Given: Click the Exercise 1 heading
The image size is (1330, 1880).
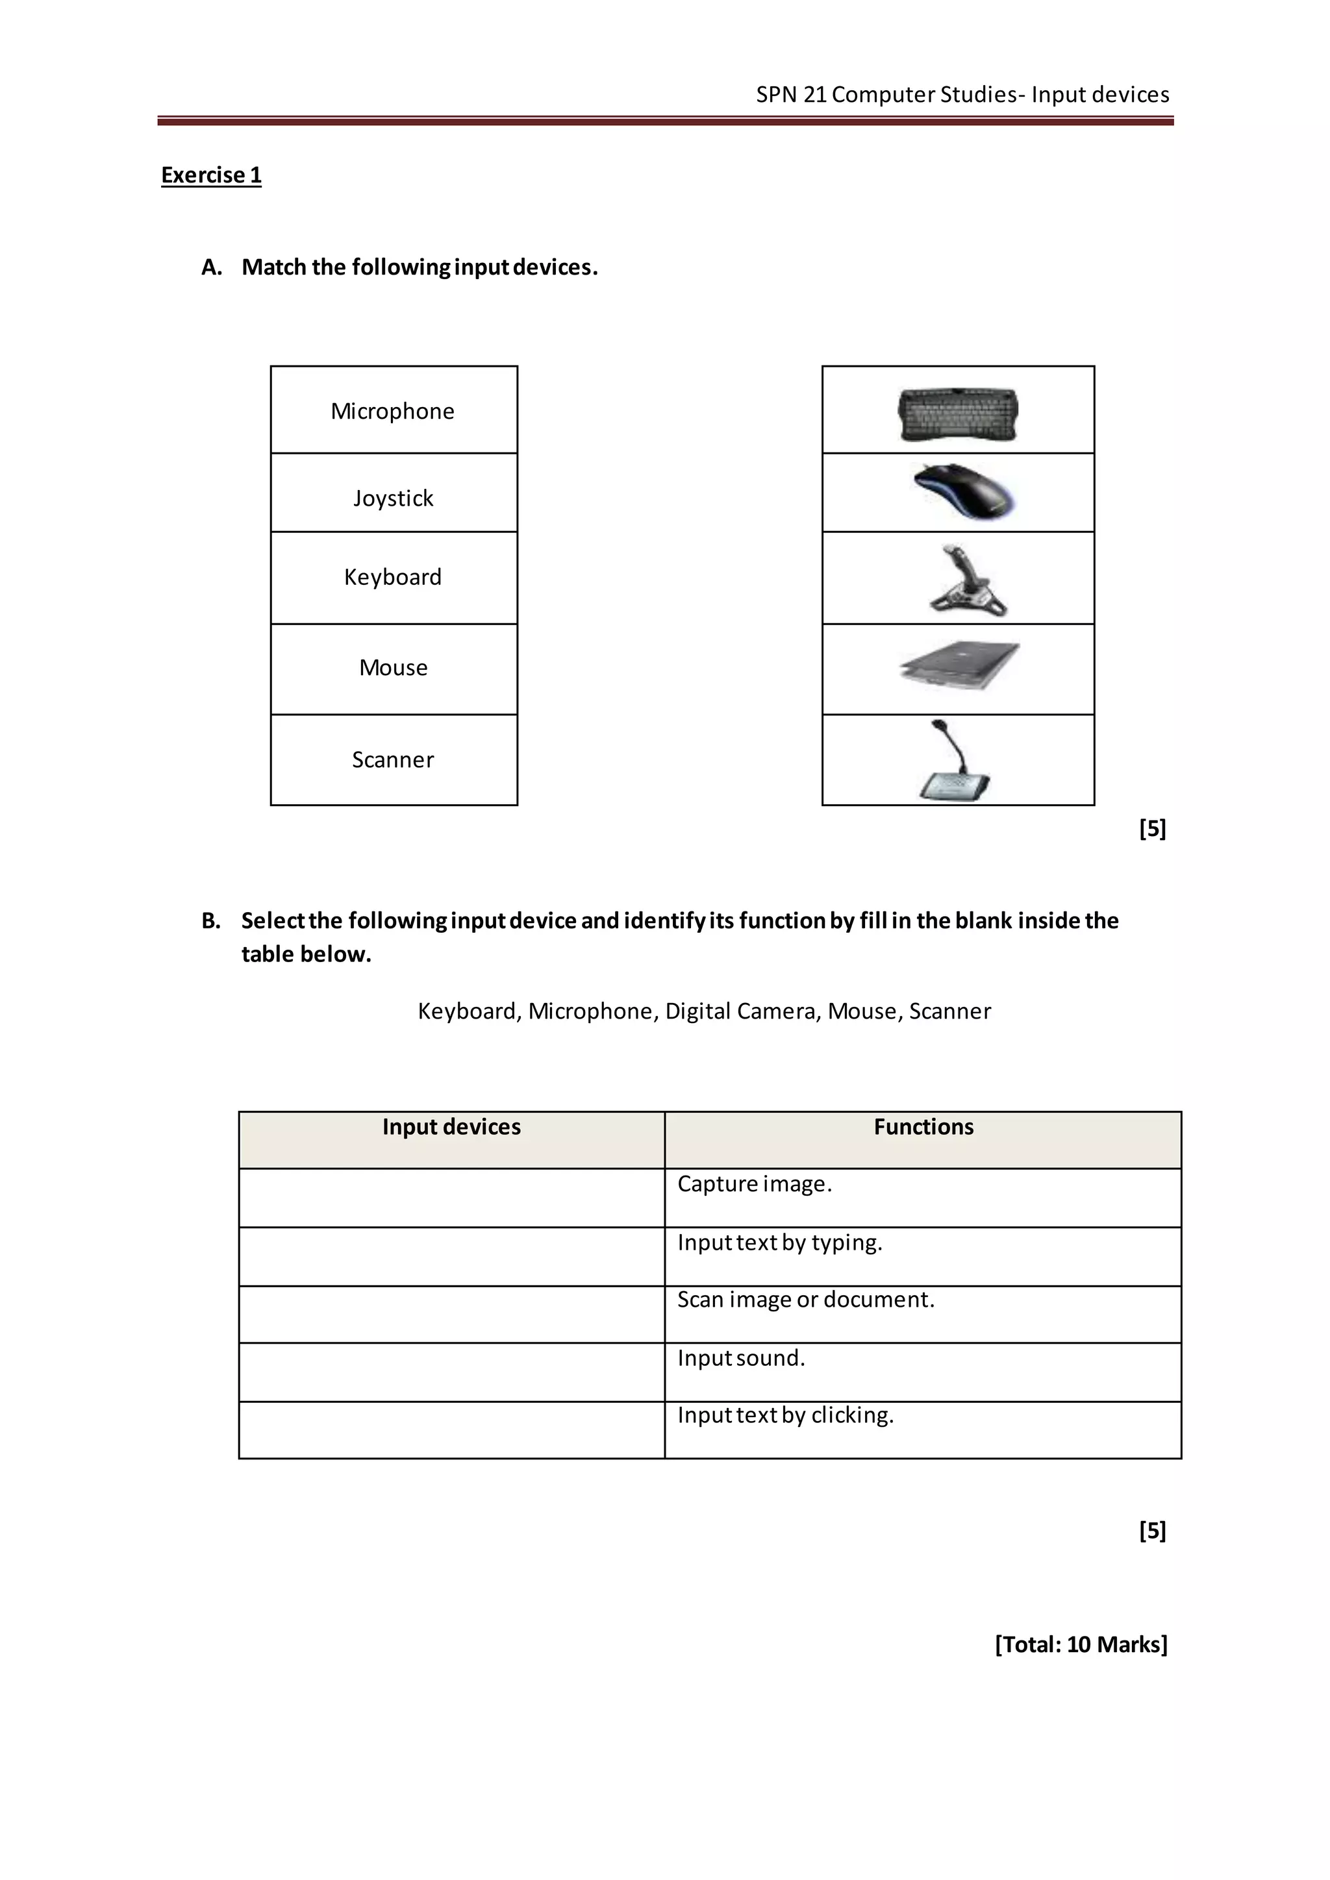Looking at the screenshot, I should coord(211,175).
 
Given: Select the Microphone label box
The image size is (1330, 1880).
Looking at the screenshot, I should coord(393,410).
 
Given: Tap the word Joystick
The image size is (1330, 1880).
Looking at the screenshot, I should coord(393,498).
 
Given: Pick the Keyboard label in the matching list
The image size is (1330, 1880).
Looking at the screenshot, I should coord(393,577).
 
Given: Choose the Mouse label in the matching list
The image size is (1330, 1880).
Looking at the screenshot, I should coord(393,668).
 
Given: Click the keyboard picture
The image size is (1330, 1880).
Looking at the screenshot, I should coord(958,414).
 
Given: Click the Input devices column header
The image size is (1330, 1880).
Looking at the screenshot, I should coord(451,1128).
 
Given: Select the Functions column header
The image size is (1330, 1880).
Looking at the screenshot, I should coord(923,1128).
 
